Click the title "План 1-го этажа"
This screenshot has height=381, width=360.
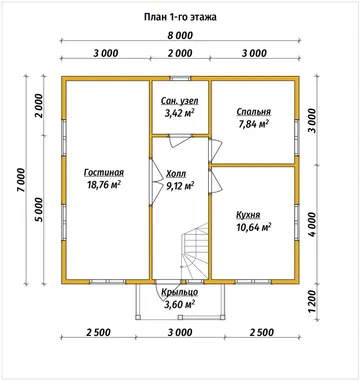[180, 17]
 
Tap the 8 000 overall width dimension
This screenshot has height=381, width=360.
[180, 35]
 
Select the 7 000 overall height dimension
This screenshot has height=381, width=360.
[21, 180]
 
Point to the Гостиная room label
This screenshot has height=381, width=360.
[104, 173]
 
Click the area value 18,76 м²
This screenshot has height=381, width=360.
[104, 184]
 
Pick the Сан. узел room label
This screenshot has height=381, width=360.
[180, 101]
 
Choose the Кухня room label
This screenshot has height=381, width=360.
[248, 215]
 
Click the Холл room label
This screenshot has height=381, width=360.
[176, 174]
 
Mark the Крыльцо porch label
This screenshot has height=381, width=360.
[180, 292]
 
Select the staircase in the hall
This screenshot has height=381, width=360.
[195, 250]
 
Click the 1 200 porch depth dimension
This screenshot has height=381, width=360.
[312, 301]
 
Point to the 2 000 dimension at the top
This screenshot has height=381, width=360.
[180, 53]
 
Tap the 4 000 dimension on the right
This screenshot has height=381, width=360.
[312, 224]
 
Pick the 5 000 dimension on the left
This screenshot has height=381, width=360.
[39, 210]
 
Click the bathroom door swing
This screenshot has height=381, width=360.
[180, 141]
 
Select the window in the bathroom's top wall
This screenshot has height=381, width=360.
[180, 79]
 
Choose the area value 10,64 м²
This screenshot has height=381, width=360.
[253, 227]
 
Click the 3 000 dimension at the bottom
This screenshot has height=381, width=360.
[180, 332]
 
